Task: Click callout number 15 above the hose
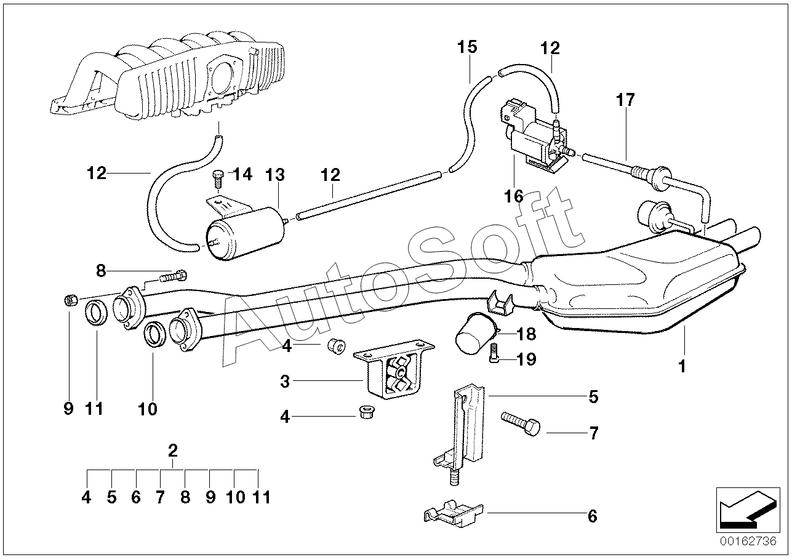467,47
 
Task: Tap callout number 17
625,100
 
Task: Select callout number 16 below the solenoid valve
514,196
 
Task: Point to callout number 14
242,174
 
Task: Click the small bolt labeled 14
218,180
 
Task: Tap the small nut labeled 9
70,301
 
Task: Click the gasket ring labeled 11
97,312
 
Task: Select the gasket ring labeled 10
155,334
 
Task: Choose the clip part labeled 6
454,514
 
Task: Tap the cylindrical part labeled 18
476,332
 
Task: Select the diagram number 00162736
748,542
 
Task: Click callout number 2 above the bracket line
172,450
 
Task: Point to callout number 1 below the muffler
682,367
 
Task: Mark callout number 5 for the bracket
593,397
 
